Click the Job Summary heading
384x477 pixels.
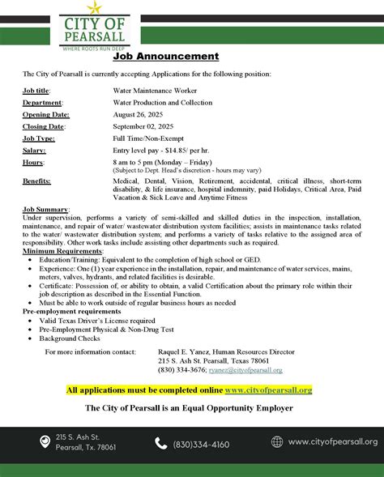(x=46, y=210)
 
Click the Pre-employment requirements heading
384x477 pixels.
(x=72, y=311)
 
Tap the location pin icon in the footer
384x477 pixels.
(x=45, y=441)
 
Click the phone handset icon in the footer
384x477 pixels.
(x=160, y=443)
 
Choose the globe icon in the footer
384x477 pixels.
(x=277, y=442)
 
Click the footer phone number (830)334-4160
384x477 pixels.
(x=201, y=444)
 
